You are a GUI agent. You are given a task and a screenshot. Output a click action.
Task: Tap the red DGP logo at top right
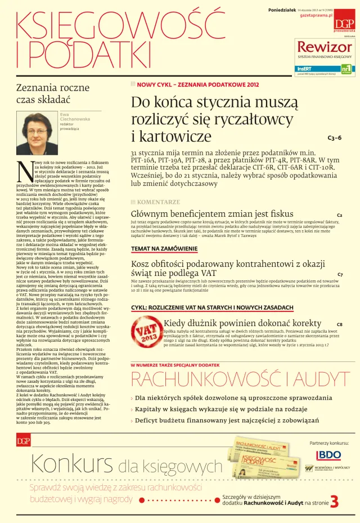344,23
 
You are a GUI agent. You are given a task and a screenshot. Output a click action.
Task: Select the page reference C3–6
334,137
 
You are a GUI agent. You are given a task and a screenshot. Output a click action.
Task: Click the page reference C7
340,274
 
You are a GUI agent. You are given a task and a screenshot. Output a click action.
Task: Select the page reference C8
339,325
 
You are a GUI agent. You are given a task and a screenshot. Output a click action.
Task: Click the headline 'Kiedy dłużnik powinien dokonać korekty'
242,323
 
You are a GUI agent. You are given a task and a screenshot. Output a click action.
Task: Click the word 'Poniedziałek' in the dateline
281,10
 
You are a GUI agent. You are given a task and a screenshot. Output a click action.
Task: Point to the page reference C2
339,216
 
